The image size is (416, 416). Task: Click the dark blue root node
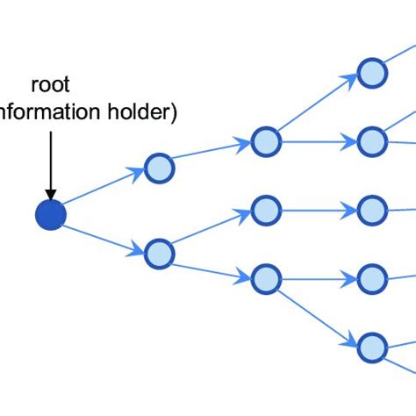tap(50, 215)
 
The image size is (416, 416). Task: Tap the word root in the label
tap(50, 86)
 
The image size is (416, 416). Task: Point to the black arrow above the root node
tap(50, 162)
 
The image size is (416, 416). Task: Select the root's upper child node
tap(159, 169)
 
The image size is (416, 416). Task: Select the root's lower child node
tap(159, 253)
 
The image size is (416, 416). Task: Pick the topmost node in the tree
tap(371, 71)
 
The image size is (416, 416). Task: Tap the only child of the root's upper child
tap(264, 141)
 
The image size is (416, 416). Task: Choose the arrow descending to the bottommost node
tap(318, 313)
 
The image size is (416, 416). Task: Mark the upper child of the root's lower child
tap(264, 211)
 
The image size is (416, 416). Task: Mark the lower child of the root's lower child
tap(264, 280)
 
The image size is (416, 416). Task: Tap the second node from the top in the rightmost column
tap(371, 141)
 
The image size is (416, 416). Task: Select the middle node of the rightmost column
tap(371, 211)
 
